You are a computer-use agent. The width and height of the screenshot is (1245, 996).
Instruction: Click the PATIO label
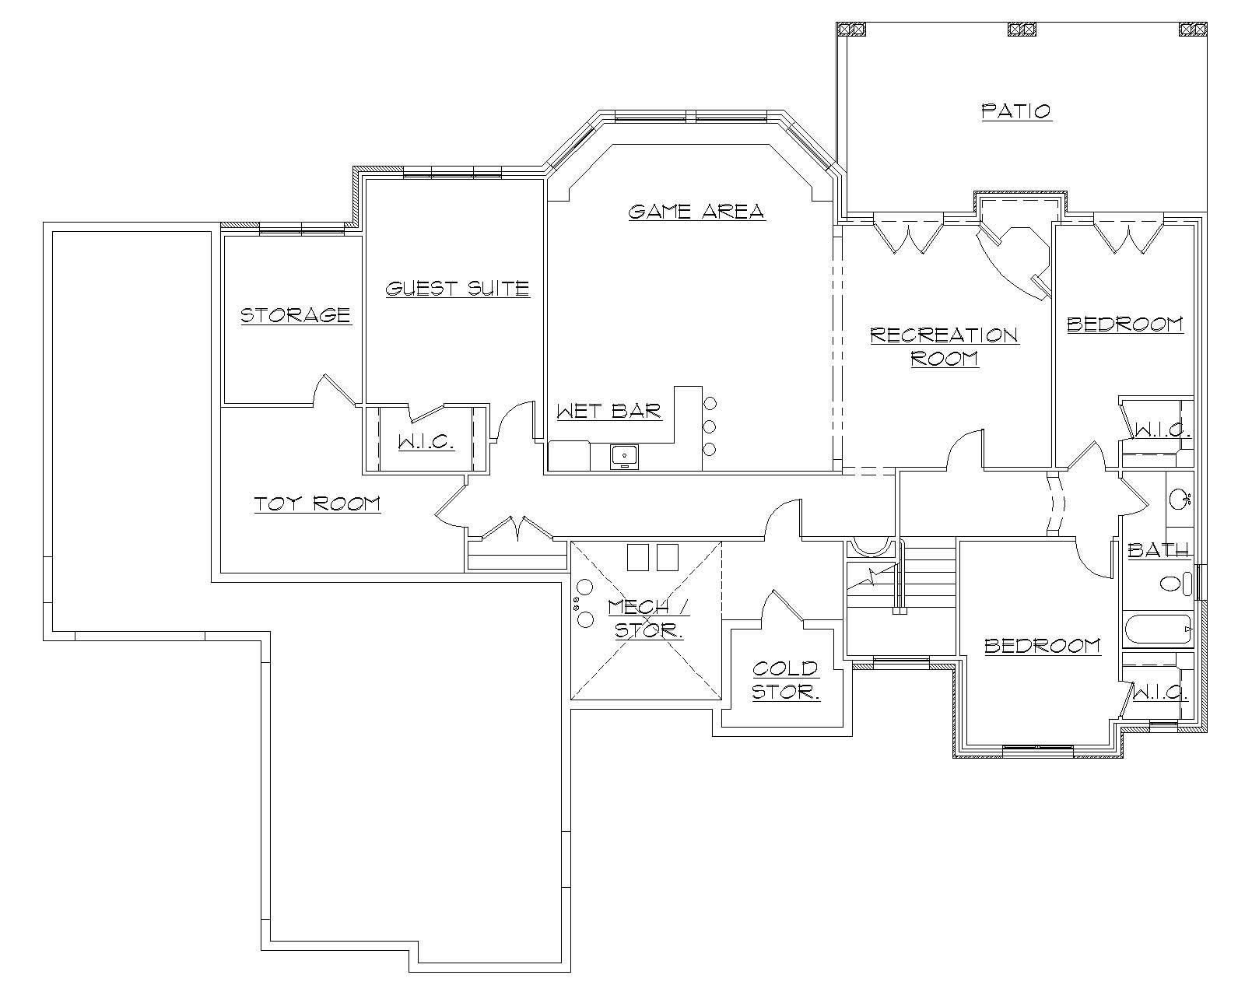point(1016,111)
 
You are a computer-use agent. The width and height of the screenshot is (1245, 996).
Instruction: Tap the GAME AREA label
point(696,211)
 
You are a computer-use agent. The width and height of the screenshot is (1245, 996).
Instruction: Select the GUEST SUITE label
point(458,289)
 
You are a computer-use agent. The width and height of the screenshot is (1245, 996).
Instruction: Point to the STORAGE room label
point(295,315)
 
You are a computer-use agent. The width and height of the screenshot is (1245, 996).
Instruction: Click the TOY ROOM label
point(317,504)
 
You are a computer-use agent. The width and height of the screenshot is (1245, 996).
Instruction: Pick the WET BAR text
point(608,411)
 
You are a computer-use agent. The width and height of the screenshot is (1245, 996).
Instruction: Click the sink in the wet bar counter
point(624,456)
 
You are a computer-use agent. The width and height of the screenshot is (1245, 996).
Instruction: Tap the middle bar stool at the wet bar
point(709,426)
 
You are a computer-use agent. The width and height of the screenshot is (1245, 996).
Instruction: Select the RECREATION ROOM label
point(944,346)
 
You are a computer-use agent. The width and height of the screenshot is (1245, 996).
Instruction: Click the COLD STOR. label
point(785,679)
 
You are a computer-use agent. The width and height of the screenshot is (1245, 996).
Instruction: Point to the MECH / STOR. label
point(648,619)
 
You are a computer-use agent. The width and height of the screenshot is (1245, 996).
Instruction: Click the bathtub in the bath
point(1157,630)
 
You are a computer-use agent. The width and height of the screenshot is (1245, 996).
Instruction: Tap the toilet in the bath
point(1174,583)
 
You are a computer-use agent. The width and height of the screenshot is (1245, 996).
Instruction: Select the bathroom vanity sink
point(1178,499)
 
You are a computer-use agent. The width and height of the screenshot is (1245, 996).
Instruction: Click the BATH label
point(1158,551)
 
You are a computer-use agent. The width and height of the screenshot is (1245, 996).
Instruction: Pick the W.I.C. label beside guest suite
point(426,442)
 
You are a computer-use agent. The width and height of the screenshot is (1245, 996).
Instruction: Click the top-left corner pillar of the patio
point(850,30)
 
